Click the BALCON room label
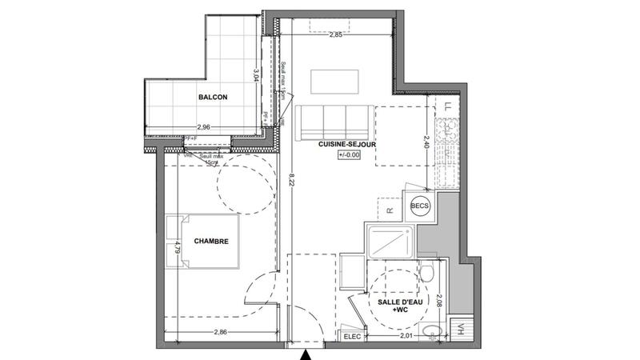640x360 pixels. (x=213, y=97)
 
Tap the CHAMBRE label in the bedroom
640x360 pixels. (x=211, y=241)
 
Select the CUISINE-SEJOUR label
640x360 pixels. (x=347, y=144)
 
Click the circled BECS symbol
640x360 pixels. (x=419, y=206)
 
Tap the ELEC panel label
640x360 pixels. (x=353, y=337)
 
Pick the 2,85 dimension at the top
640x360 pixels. (x=337, y=34)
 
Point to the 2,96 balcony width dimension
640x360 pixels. (x=204, y=127)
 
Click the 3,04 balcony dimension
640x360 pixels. (x=255, y=76)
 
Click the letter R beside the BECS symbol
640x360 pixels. (x=389, y=210)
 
